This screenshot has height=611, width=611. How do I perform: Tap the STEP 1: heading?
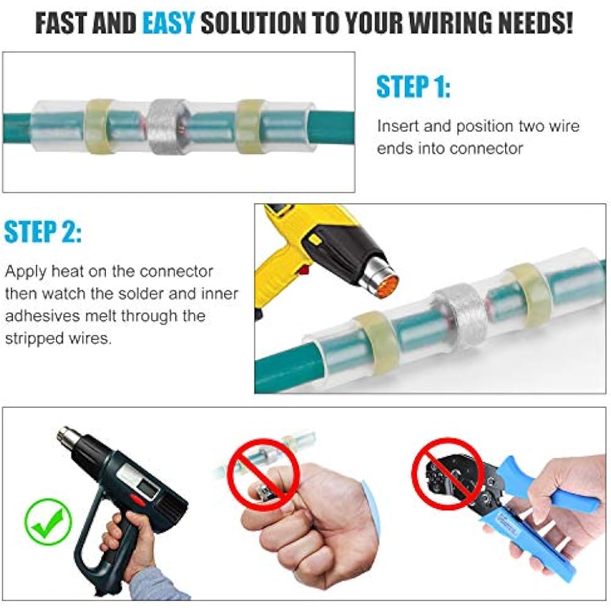pos(413,87)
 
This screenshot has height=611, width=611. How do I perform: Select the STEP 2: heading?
pos(42,233)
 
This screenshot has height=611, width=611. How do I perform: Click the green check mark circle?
pos(48,522)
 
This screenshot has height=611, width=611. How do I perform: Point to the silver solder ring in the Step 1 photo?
pos(169,125)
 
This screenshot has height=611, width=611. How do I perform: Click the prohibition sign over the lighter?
pos(263,473)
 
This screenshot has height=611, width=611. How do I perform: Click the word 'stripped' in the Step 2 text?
pos(34,338)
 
